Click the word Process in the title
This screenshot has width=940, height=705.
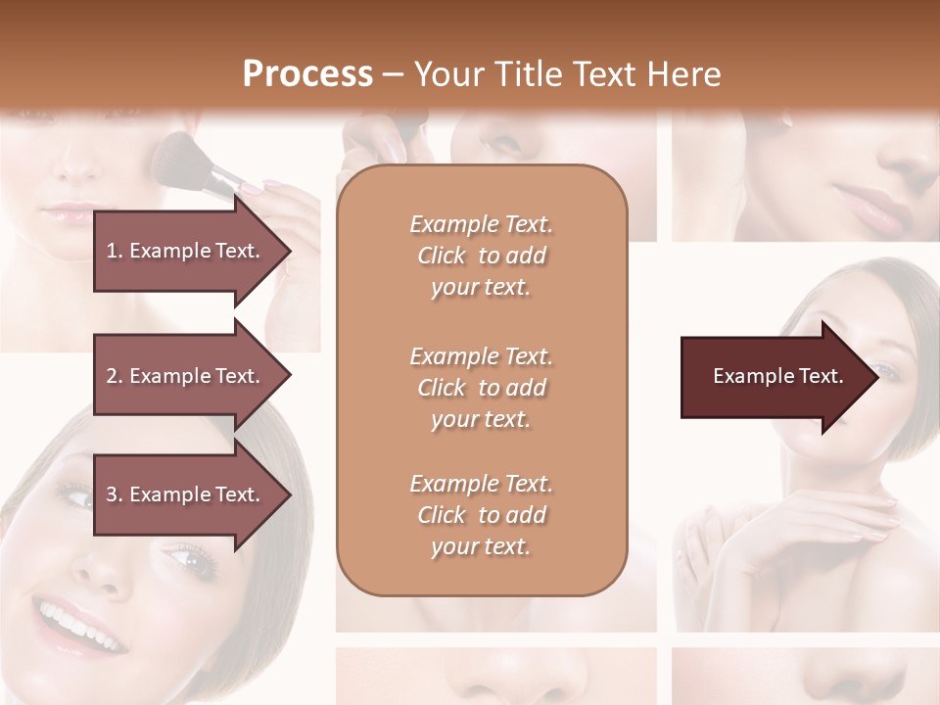(x=307, y=74)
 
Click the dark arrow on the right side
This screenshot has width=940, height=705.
(x=774, y=376)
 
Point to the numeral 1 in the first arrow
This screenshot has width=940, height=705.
(x=112, y=251)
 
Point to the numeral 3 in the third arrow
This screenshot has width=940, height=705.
(x=112, y=494)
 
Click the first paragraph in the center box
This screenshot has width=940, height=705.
(x=481, y=256)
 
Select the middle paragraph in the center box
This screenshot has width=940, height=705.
(x=481, y=387)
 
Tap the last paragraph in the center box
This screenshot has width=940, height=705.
(x=481, y=515)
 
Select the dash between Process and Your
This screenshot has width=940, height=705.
(x=394, y=74)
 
